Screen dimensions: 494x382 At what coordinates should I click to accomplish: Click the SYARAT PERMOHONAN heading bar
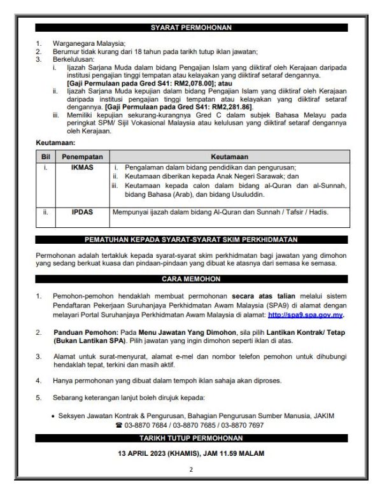191,28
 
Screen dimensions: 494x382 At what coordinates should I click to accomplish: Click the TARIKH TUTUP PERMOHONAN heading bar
191,439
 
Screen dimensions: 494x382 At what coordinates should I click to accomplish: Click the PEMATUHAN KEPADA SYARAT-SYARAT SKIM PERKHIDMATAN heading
191,240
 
